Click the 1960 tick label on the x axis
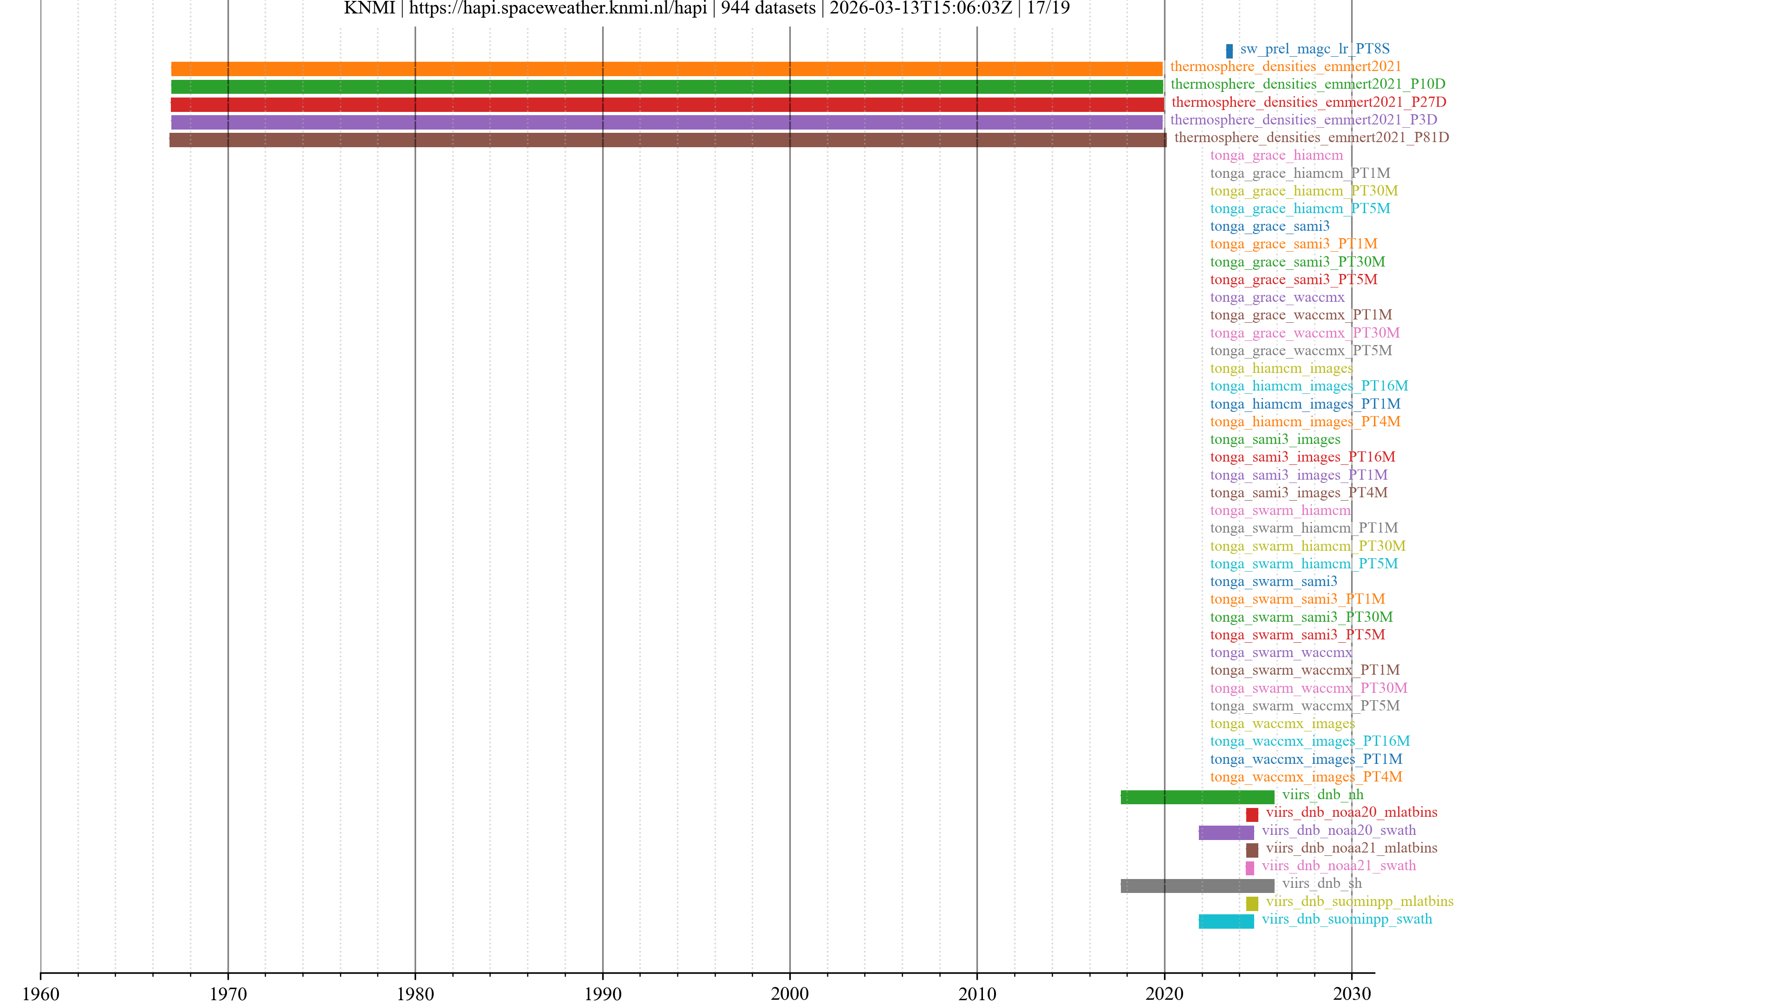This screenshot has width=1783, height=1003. pos(41,993)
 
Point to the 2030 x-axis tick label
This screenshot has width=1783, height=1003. pos(1351,993)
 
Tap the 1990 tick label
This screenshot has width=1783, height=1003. pos(602,993)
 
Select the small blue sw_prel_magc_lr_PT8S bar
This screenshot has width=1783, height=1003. pos(1229,51)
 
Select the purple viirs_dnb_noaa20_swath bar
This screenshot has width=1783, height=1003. pos(1226,832)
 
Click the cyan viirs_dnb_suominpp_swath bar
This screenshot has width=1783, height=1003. pos(1226,921)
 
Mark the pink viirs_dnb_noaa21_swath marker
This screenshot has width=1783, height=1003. pos(1249,867)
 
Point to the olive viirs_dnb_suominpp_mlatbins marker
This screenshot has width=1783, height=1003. pos(1251,903)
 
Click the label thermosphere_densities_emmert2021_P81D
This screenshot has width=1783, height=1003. pos(1311,137)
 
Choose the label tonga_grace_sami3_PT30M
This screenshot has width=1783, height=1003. pos(1297,261)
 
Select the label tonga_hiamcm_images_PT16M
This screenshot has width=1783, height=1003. pos(1308,385)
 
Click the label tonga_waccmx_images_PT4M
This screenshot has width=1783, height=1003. pos(1305,777)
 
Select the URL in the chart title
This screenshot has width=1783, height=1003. pos(557,8)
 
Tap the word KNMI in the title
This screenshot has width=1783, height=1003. pos(369,8)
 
